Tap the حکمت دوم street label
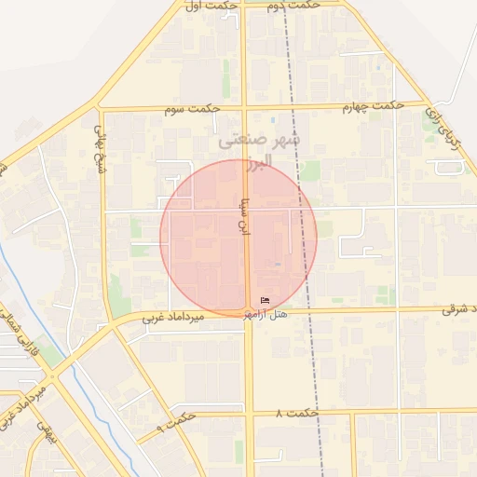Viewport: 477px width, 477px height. click(x=293, y=6)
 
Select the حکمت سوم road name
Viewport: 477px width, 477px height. click(x=192, y=108)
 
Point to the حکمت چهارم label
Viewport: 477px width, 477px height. click(x=373, y=105)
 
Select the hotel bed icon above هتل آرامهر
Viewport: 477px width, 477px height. click(x=266, y=300)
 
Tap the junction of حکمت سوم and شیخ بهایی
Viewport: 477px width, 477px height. click(x=101, y=109)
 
